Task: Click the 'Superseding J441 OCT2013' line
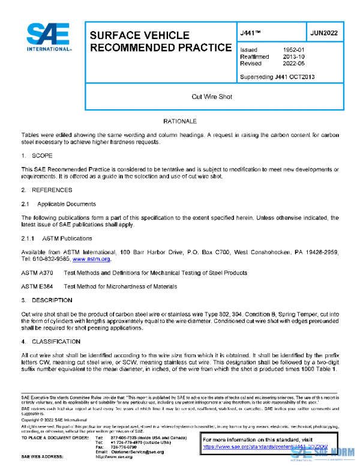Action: pyautogui.click(x=277, y=77)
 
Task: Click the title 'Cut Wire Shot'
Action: pyautogui.click(x=212, y=96)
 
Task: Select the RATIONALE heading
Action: pyautogui.click(x=180, y=122)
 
